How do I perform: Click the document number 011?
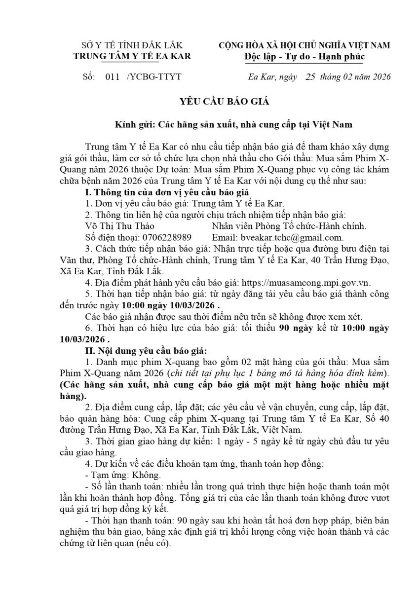tap(113, 77)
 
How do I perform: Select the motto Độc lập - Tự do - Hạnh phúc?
tap(304, 56)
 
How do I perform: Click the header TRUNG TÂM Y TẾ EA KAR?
tap(132, 56)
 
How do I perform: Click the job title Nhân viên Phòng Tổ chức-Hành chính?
tap(289, 225)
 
